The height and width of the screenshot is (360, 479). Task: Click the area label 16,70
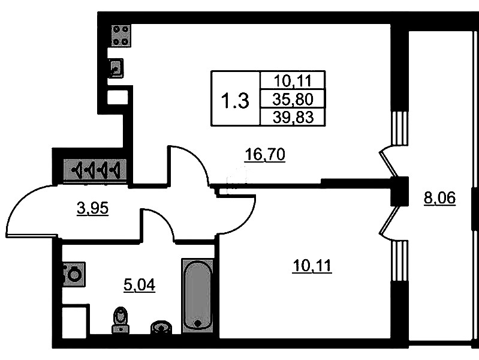[264, 156]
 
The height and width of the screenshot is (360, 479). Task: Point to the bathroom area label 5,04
[139, 285]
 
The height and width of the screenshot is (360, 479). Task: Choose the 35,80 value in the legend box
[291, 98]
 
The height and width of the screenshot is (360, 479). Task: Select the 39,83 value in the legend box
[291, 116]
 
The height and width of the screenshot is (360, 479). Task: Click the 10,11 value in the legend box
[291, 80]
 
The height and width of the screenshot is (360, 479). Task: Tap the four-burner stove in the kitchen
[120, 35]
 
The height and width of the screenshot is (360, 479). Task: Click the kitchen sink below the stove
[116, 68]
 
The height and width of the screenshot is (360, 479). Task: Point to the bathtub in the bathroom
[197, 294]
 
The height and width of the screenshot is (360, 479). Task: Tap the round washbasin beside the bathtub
[160, 326]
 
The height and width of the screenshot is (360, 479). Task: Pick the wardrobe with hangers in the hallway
[97, 170]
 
